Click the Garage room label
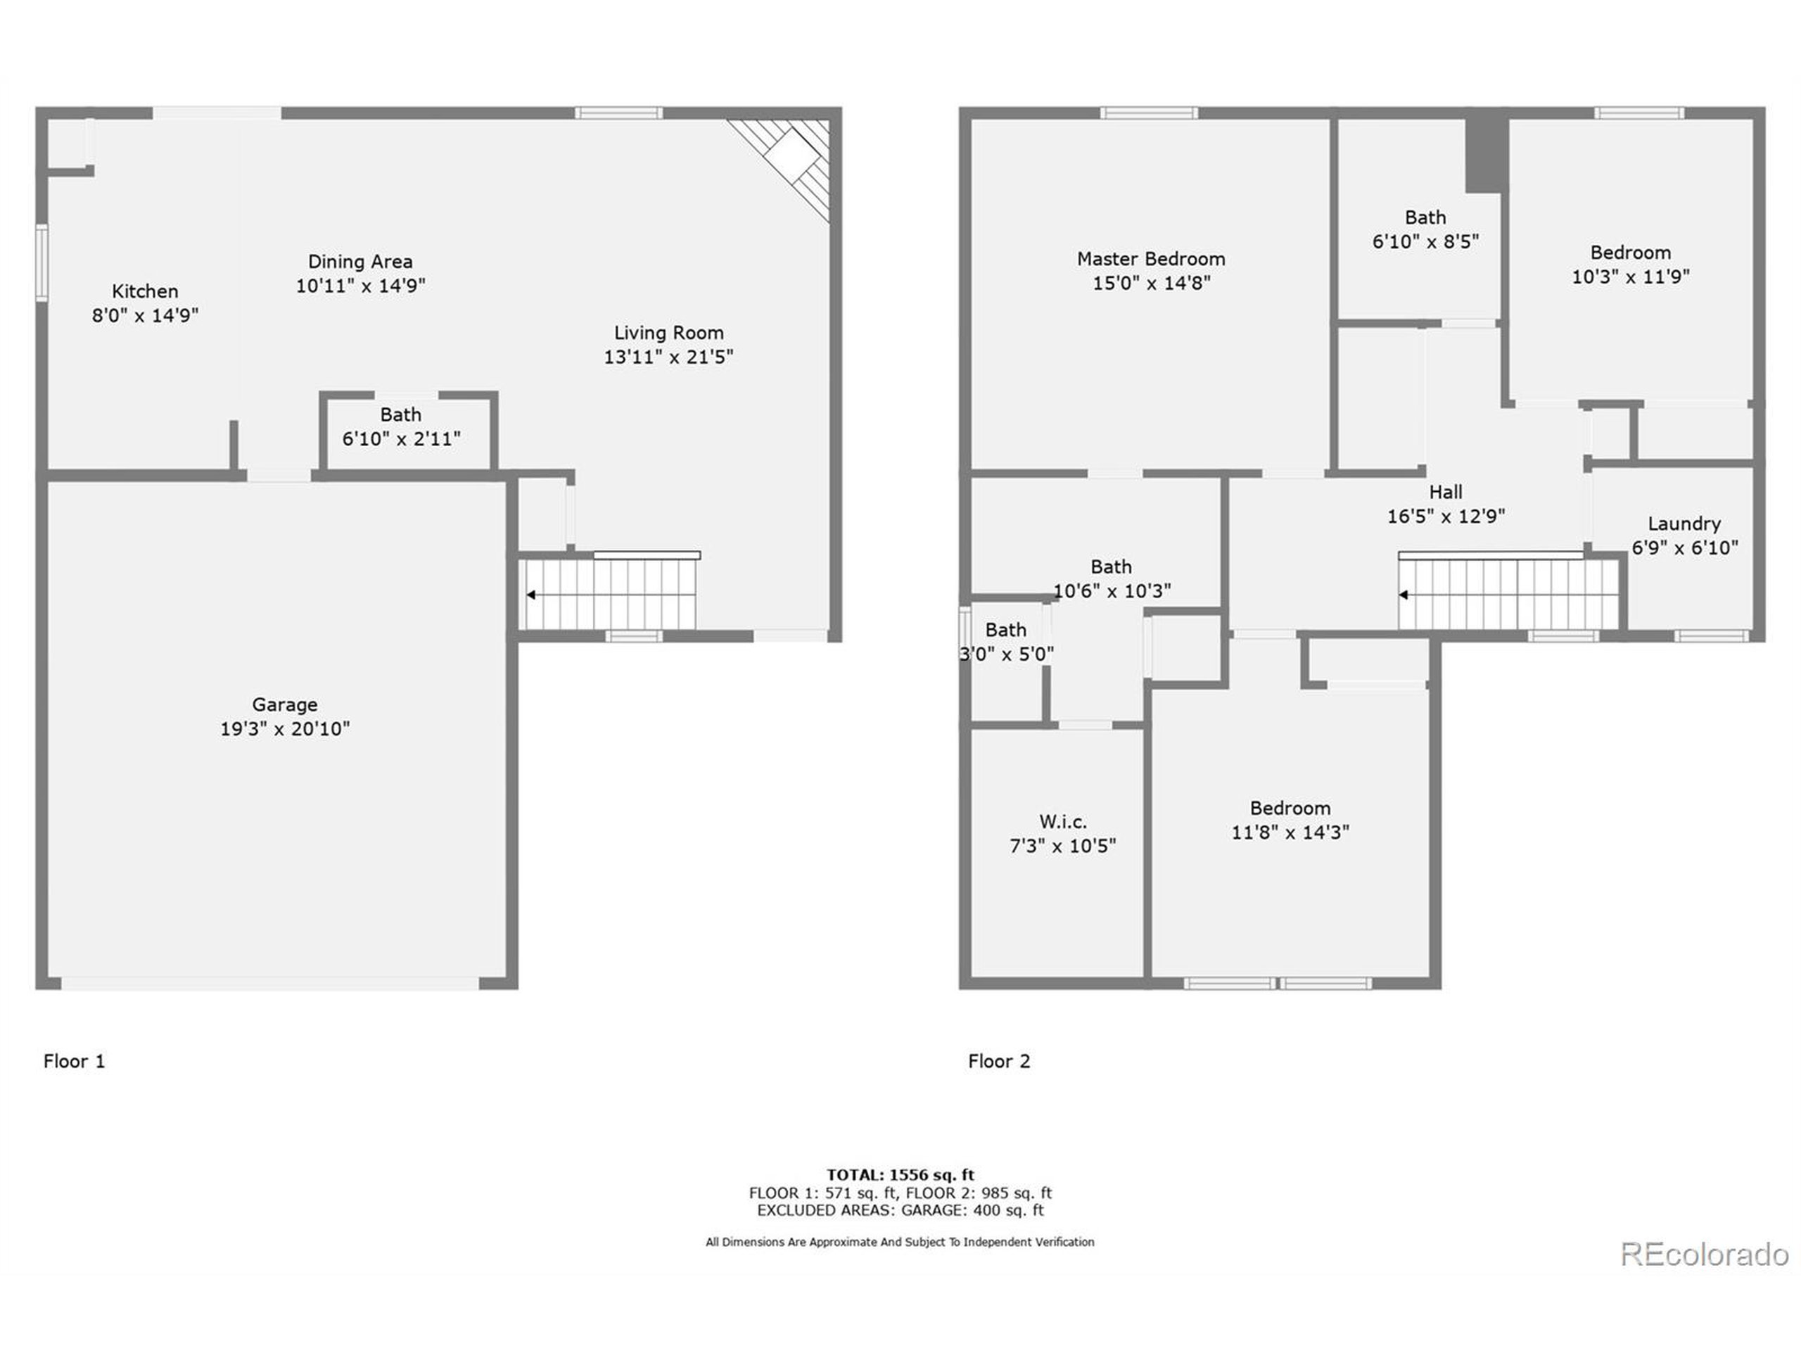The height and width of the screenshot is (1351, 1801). (x=284, y=704)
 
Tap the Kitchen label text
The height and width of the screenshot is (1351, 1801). (x=145, y=291)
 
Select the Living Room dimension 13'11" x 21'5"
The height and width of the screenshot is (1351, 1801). (x=668, y=357)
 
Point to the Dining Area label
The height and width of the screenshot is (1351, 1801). (x=360, y=262)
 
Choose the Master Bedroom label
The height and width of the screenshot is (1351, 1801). (x=1150, y=259)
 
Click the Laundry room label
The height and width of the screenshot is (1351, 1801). (x=1684, y=524)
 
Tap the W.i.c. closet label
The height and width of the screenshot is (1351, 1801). (x=1062, y=821)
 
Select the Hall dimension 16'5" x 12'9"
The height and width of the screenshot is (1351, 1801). (x=1446, y=516)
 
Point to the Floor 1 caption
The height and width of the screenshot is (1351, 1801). (x=74, y=1061)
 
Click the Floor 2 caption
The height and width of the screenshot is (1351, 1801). (x=999, y=1061)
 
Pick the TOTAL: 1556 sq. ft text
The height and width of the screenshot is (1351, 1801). (x=900, y=1174)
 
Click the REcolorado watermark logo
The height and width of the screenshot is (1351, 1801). (x=1703, y=1254)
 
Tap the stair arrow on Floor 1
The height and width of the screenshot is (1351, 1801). (x=531, y=595)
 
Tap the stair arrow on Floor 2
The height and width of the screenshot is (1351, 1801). (x=1404, y=595)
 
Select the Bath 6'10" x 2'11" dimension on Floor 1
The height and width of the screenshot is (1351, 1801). (x=400, y=439)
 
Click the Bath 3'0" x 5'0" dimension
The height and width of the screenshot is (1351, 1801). (x=1006, y=654)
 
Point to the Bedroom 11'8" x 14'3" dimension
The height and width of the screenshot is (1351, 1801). (x=1290, y=832)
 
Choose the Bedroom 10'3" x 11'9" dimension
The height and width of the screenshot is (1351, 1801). (x=1630, y=277)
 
